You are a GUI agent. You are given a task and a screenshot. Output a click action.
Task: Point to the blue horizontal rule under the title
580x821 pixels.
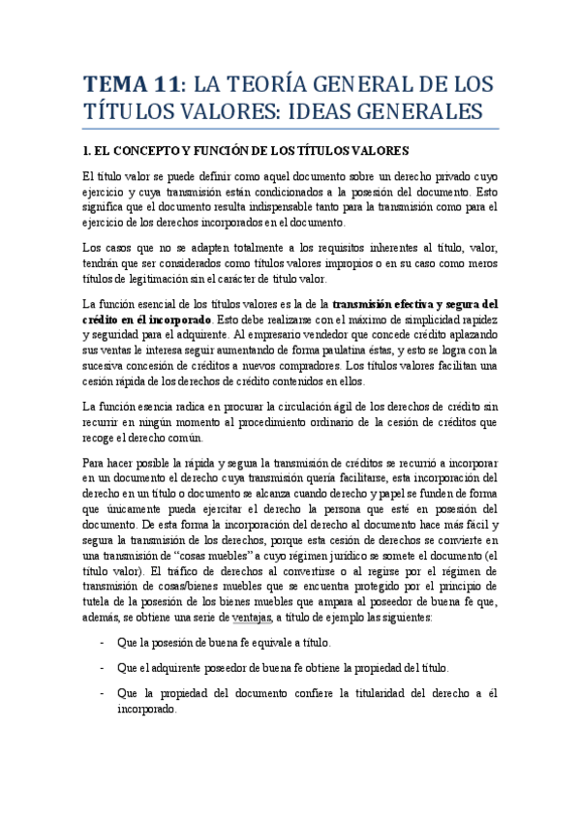click(290, 129)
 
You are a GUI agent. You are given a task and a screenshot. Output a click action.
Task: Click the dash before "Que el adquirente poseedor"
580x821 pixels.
click(103, 668)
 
